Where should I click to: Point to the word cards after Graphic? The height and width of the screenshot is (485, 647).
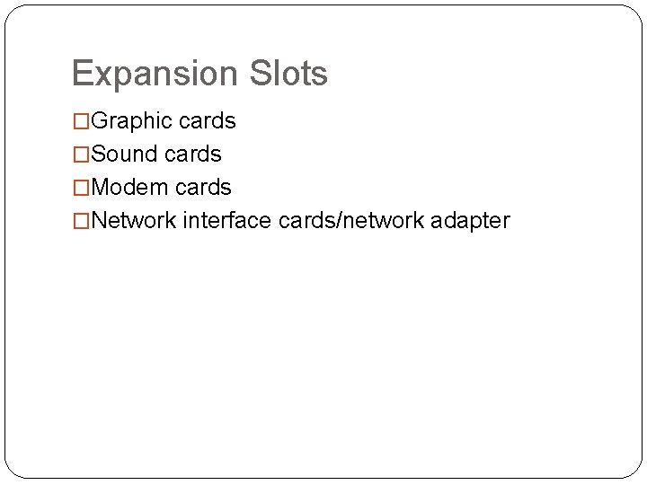tap(208, 121)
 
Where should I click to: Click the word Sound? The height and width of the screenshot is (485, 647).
tap(126, 154)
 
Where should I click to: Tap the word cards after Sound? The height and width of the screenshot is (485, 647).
tap(194, 154)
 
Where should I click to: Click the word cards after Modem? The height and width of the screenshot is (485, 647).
tap(204, 188)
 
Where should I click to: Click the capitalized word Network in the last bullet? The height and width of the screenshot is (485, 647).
tap(133, 221)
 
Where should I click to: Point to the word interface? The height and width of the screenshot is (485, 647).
tap(227, 221)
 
